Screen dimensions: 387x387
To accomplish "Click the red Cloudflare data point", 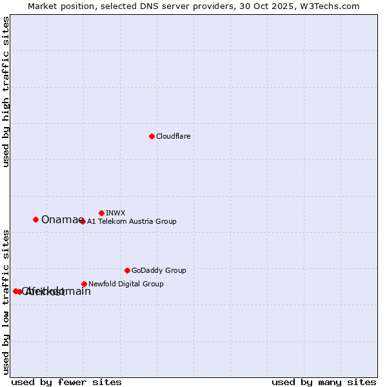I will point(152,136).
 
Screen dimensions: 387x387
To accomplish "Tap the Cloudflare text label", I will point(174,136).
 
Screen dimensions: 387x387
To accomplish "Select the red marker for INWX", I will point(101,213).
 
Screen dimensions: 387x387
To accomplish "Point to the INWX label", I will point(115,213).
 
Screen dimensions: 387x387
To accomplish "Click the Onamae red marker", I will point(35,219).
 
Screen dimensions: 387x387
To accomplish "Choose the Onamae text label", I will point(62,220).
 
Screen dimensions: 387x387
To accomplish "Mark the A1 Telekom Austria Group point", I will point(82,221).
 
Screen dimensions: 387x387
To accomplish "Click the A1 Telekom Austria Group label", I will point(132,221).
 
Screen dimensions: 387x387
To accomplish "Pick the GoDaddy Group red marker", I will point(127,270).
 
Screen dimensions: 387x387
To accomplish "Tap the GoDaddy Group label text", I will point(159,270).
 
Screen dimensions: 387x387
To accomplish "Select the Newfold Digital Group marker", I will point(84,284).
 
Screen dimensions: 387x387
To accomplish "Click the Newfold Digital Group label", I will point(126,284).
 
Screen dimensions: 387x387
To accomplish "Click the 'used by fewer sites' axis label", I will point(66,382).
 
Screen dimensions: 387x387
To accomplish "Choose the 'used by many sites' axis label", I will point(324,382).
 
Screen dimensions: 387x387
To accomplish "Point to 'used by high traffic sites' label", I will point(6,92).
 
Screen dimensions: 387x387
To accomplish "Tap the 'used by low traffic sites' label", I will point(6,302).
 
